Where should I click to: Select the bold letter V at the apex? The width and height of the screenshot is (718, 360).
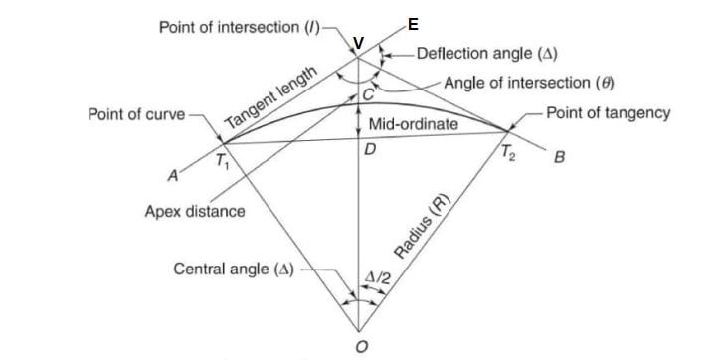click(359, 43)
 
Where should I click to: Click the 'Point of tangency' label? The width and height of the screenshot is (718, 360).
click(609, 113)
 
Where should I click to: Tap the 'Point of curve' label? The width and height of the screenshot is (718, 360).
click(136, 114)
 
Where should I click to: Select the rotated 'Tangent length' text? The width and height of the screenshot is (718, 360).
click(270, 98)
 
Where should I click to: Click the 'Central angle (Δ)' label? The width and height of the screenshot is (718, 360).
click(235, 269)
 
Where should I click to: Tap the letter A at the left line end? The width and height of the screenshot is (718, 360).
click(174, 175)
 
